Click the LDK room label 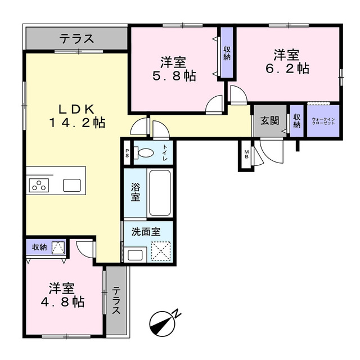pyautogui.click(x=77, y=116)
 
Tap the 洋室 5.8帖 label pyautogui.click(x=174, y=69)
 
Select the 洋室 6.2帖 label pyautogui.click(x=287, y=61)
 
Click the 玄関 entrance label pyautogui.click(x=270, y=120)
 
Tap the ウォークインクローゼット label pyautogui.click(x=323, y=121)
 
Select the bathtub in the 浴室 pyautogui.click(x=160, y=192)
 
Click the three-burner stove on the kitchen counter pyautogui.click(x=39, y=185)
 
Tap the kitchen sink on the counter pyautogui.click(x=72, y=185)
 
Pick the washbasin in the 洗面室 pyautogui.click(x=135, y=255)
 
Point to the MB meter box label pyautogui.click(x=246, y=154)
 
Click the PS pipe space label pyautogui.click(x=127, y=153)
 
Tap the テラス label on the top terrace pyautogui.click(x=77, y=39)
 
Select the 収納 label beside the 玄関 pyautogui.click(x=296, y=121)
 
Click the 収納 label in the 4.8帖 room pyautogui.click(x=39, y=247)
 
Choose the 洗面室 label pyautogui.click(x=146, y=232)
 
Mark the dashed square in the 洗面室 pyautogui.click(x=161, y=251)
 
